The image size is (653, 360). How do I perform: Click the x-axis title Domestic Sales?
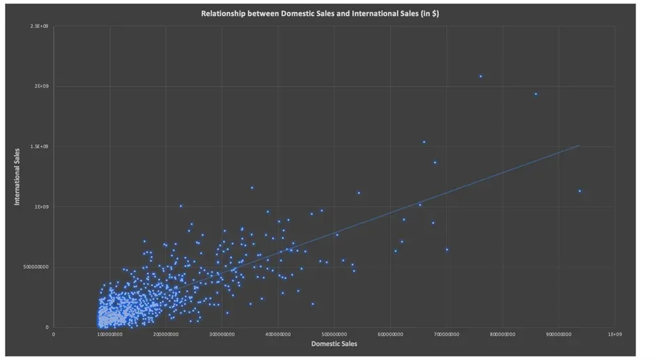pos(333,344)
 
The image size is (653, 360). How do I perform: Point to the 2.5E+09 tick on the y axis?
pos(40,26)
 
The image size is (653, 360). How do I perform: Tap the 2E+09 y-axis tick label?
pos(43,87)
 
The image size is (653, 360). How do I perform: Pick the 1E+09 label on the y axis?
pos(43,207)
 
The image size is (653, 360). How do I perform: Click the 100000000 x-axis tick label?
pos(110,334)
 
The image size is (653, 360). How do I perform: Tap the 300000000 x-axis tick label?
pos(222,334)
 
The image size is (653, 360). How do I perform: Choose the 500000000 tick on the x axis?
pos(334,334)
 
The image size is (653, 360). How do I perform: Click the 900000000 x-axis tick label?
pos(559,334)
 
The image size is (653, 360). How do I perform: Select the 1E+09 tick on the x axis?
pos(615,334)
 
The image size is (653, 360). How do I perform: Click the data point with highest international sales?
pos(481,76)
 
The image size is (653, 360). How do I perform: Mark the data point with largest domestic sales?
pos(580,191)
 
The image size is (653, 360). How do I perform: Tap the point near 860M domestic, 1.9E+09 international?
pos(536,94)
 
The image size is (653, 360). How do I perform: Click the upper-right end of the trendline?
pos(579,146)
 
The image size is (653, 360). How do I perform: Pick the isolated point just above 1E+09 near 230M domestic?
pos(181,206)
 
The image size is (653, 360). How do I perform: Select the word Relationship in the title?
pos(223,13)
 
